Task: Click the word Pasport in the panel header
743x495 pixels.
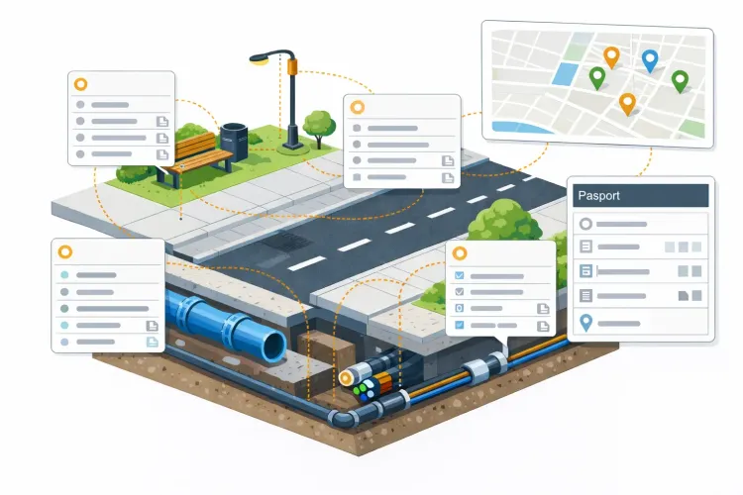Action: tap(598, 196)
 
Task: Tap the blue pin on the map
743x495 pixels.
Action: tap(650, 60)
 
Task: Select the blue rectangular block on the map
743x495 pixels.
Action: tap(566, 73)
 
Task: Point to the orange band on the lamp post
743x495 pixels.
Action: tap(292, 66)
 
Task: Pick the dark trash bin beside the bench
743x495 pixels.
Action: tap(234, 142)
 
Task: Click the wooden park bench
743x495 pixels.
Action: tap(195, 156)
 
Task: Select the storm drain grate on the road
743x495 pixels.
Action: tap(285, 242)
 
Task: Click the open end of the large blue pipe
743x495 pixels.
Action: tap(274, 346)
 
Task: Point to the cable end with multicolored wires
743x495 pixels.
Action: tap(365, 390)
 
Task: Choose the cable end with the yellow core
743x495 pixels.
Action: tap(346, 377)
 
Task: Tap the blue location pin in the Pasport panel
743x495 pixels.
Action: tap(586, 323)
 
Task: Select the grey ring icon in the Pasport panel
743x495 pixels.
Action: tap(585, 224)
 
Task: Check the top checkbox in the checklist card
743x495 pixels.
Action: tap(459, 275)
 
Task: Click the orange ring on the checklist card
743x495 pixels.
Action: tap(459, 253)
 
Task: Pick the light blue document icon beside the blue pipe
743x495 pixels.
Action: tap(153, 342)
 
